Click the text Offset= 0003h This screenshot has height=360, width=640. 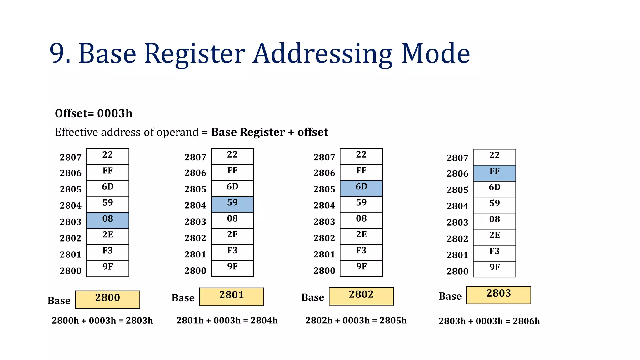93,113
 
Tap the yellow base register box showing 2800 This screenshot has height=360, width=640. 107,299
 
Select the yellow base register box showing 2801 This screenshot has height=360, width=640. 232,297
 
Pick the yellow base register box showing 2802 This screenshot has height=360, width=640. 361,296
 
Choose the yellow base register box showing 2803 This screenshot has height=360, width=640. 498,295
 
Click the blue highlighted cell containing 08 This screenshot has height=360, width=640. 107,221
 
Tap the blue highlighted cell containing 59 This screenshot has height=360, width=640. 232,204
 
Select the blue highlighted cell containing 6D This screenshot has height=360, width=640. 361,188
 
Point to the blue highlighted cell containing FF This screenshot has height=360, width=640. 494,173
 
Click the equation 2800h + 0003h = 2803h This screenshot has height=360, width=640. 102,321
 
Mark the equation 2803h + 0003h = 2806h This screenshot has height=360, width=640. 489,321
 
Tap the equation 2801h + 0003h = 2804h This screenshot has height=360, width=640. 227,321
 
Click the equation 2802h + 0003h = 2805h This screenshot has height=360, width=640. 356,321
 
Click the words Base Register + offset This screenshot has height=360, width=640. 269,132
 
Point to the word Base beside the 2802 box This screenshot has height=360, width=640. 312,297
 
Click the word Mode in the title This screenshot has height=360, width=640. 435,54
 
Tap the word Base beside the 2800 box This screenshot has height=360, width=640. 59,301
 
